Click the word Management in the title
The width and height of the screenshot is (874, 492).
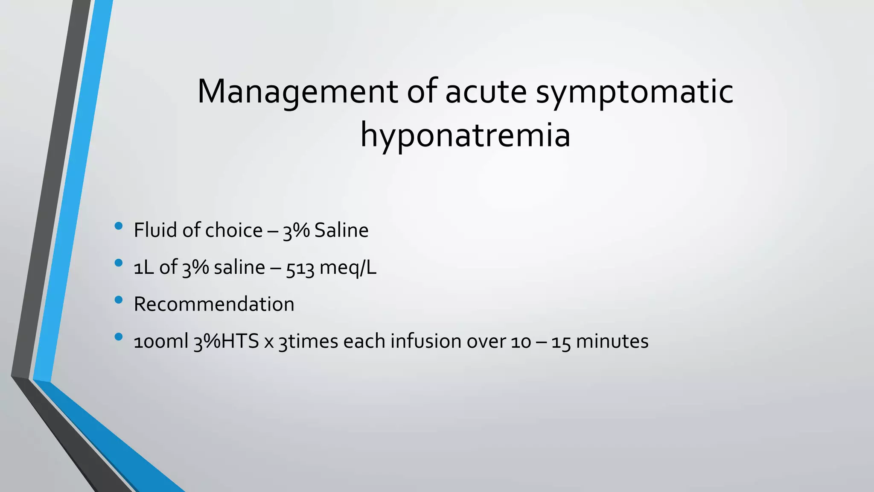(297, 92)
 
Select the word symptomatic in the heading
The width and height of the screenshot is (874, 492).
(635, 92)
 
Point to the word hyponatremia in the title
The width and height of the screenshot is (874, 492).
(465, 136)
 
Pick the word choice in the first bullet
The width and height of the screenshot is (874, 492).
(234, 231)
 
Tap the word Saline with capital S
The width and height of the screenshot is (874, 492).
(341, 231)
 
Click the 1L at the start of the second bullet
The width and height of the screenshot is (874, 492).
(144, 268)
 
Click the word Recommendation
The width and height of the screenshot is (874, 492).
(214, 305)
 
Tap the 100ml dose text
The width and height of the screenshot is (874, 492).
(161, 342)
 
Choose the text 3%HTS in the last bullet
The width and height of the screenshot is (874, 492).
(226, 342)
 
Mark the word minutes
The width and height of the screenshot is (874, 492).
(612, 342)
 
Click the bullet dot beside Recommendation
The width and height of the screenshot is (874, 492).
(119, 300)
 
